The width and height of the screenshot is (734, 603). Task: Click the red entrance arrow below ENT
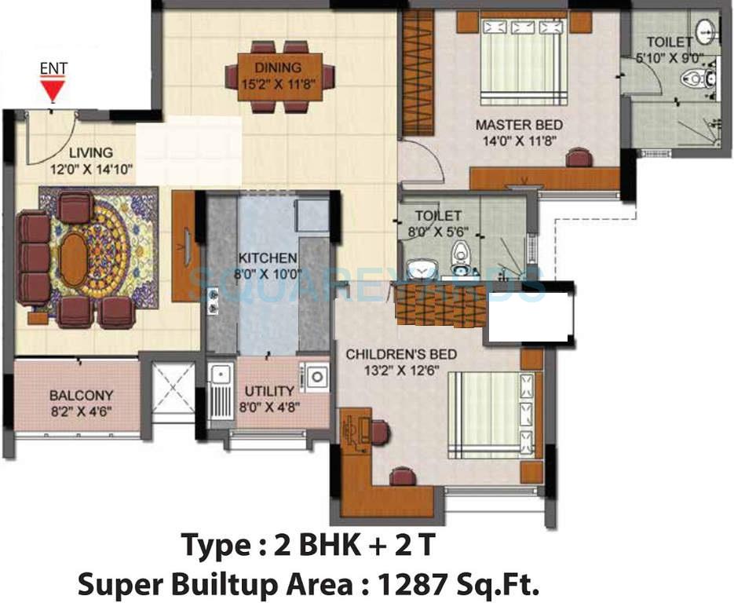(x=53, y=94)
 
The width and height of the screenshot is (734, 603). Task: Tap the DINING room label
(x=278, y=68)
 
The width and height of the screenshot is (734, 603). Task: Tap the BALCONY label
(x=82, y=396)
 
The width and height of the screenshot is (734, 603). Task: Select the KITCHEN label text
(x=268, y=258)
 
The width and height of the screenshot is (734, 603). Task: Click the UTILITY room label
(x=269, y=390)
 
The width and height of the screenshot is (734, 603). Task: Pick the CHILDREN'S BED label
(x=402, y=354)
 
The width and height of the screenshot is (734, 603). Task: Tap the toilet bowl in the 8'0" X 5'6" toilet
(x=460, y=257)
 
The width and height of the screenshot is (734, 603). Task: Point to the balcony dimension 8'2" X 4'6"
(x=82, y=409)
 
